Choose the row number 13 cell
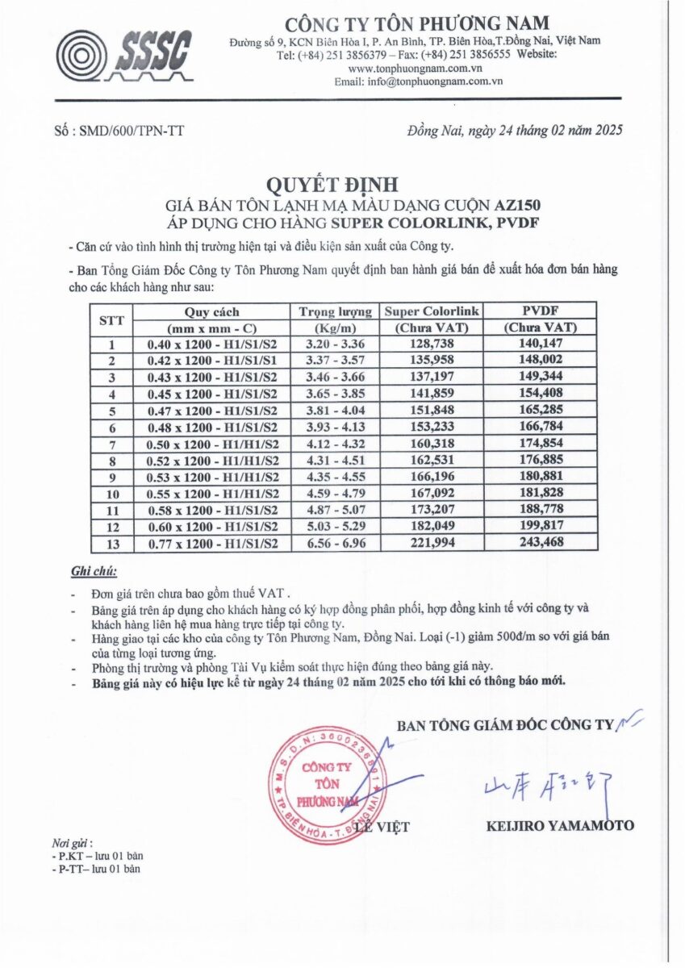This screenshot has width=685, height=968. point(112,542)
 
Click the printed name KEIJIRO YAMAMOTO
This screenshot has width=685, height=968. point(560,825)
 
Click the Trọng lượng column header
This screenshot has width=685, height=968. point(335,311)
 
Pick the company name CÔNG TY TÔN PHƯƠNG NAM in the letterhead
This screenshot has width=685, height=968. point(416,23)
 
